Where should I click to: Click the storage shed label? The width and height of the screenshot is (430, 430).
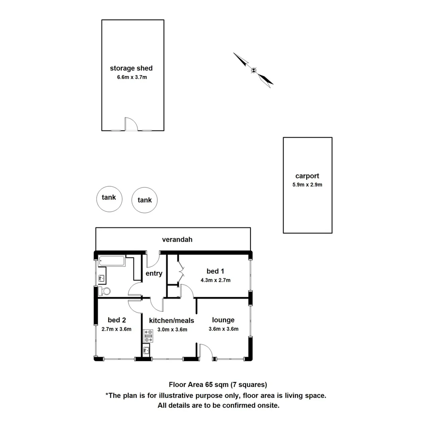coord(131,68)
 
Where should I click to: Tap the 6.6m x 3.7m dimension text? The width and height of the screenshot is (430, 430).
coord(132,77)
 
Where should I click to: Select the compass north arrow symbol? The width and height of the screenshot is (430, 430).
coord(254,70)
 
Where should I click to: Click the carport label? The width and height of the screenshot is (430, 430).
coord(307,176)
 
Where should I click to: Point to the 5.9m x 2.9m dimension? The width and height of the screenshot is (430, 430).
coord(307,184)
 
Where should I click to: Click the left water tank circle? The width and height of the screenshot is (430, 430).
coord(109,198)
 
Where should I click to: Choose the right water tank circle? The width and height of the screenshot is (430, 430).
coord(145,200)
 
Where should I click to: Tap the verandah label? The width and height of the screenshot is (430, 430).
coord(177,239)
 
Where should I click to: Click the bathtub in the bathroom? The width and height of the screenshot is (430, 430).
coord(111,261)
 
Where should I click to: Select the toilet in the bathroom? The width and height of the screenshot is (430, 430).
coord(105,291)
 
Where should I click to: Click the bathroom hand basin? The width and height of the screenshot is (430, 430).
coord(101,278)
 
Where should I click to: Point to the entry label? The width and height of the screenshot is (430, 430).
coord(154,273)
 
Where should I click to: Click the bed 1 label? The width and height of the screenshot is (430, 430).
coord(213,271)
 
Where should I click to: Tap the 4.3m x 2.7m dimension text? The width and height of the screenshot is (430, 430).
coord(215,280)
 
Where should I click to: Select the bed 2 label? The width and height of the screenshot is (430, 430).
coord(117,320)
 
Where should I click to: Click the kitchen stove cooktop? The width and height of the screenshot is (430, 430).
coord(149,336)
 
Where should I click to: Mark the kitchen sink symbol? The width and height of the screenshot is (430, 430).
coord(146,350)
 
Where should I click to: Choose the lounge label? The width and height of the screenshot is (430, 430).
coord(223,320)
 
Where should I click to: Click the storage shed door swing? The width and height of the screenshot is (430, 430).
coord(131,124)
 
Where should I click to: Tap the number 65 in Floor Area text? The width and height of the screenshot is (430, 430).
coord(209,385)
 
